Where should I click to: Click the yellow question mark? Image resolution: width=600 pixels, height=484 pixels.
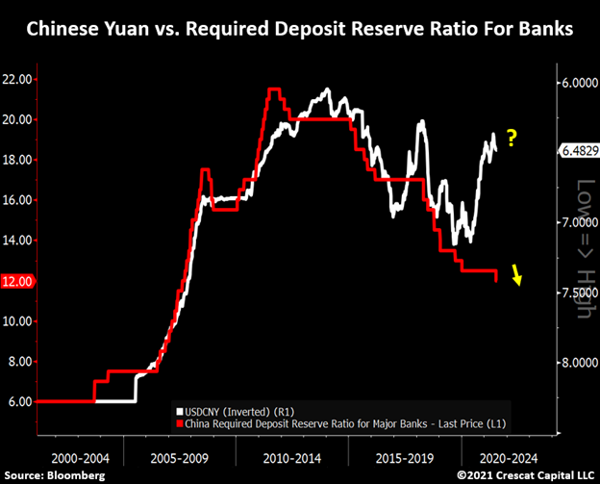(512, 140)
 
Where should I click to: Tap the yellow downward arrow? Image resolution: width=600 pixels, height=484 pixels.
(518, 277)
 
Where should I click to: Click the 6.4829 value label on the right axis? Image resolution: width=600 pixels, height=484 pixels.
(575, 151)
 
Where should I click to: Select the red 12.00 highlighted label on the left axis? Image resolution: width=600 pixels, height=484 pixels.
(19, 281)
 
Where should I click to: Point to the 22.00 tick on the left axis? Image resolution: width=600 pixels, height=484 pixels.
(19, 79)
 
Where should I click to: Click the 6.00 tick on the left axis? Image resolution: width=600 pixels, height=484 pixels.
(19, 401)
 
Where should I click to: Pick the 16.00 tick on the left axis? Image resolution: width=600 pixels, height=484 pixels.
(19, 200)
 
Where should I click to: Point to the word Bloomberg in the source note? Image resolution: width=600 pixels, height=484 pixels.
(75, 475)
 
